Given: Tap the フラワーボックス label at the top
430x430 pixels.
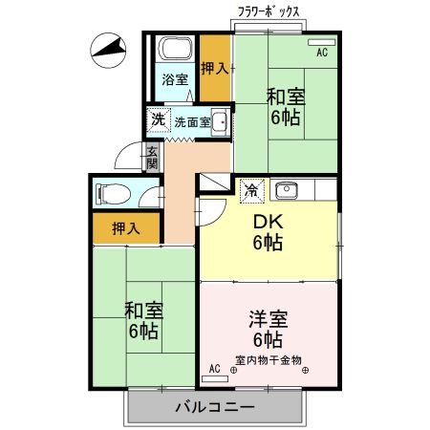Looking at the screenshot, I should pyautogui.click(x=271, y=11).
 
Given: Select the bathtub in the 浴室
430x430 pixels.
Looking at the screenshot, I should pyautogui.click(x=175, y=50).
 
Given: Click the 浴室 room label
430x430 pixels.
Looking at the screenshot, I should pyautogui.click(x=174, y=79).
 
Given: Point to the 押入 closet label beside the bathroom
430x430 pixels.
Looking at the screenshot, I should pyautogui.click(x=215, y=68).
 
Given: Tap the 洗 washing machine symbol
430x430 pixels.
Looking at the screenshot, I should pyautogui.click(x=157, y=121).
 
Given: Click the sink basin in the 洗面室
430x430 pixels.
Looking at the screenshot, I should pyautogui.click(x=219, y=121).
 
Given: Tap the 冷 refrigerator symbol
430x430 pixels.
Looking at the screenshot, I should pyautogui.click(x=249, y=190).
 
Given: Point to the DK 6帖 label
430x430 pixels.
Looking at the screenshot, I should pyautogui.click(x=267, y=231).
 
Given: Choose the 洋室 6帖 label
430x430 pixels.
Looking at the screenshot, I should pyautogui.click(x=268, y=329).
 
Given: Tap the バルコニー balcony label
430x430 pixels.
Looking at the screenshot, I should pyautogui.click(x=214, y=408).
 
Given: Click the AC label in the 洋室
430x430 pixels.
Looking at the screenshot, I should pyautogui.click(x=214, y=368).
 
